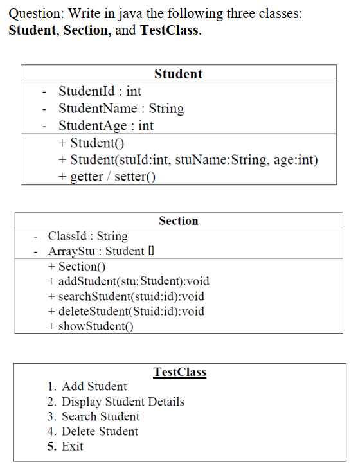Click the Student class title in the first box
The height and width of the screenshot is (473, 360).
pyautogui.click(x=178, y=74)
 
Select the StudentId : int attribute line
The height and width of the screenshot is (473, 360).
pyautogui.click(x=100, y=91)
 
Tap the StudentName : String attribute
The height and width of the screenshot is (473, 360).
pyautogui.click(x=121, y=109)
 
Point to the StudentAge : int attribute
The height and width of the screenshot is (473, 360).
pyautogui.click(x=106, y=126)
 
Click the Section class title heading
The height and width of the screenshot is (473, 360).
pyautogui.click(x=179, y=220)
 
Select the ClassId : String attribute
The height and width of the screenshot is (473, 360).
pyautogui.click(x=88, y=236)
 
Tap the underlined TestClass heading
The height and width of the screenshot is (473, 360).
pyautogui.click(x=180, y=372)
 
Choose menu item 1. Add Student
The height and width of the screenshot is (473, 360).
pyautogui.click(x=87, y=386)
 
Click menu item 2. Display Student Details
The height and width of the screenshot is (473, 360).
pyautogui.click(x=116, y=402)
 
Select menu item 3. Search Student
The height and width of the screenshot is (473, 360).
pyautogui.click(x=93, y=416)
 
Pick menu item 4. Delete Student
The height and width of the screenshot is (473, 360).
pyautogui.click(x=93, y=431)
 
